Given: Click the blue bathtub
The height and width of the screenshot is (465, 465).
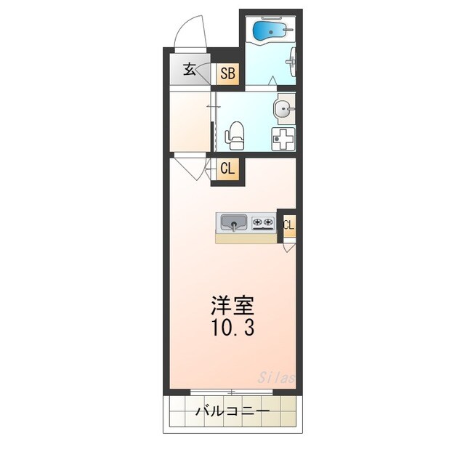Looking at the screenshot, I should pos(268,30).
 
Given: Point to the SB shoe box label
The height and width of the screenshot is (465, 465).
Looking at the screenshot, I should pos(228,73).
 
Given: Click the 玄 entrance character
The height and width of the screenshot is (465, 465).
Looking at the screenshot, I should pos(189,70).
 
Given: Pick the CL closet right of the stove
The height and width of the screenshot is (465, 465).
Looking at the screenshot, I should pos(288,225).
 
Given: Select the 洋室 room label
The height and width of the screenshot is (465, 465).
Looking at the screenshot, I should pos(232,304).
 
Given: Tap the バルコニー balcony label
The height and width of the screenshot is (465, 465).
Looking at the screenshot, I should pos(232,412).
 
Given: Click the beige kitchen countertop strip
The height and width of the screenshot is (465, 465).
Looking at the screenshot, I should pos(246,238).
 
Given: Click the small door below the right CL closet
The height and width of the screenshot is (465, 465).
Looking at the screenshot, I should pos(289,246).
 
